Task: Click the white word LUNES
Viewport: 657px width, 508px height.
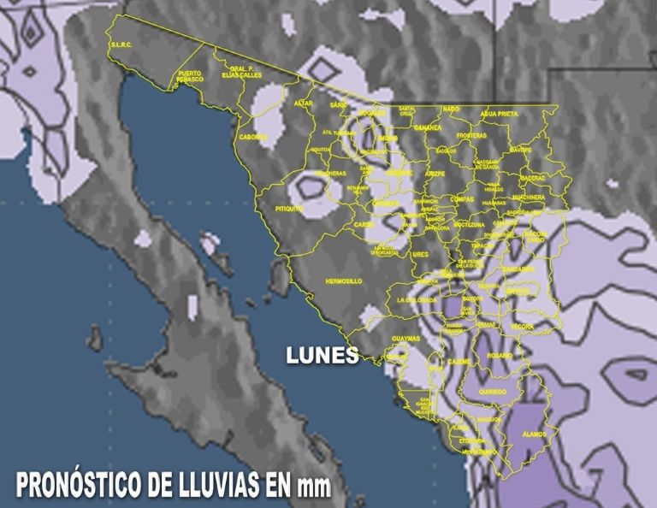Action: coord(322,356)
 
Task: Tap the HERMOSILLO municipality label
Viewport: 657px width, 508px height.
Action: coord(344,281)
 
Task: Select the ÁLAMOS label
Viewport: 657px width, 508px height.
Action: coord(534,434)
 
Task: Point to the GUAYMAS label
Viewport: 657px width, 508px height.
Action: coord(405,339)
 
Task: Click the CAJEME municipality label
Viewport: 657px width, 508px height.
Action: coord(459,362)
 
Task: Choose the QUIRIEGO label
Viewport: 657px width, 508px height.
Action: coord(493,392)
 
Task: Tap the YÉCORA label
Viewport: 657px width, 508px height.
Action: coord(521,327)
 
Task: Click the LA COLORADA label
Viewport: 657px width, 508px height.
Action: coord(416,300)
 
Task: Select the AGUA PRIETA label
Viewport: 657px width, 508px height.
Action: coord(499,112)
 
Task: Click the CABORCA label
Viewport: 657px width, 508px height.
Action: coord(253,137)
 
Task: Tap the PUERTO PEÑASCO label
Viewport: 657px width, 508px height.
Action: coord(190,75)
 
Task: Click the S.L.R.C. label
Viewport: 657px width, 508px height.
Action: coord(120,44)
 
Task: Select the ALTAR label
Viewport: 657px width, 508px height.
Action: coord(304,103)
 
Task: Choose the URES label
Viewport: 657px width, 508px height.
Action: coord(420,254)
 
